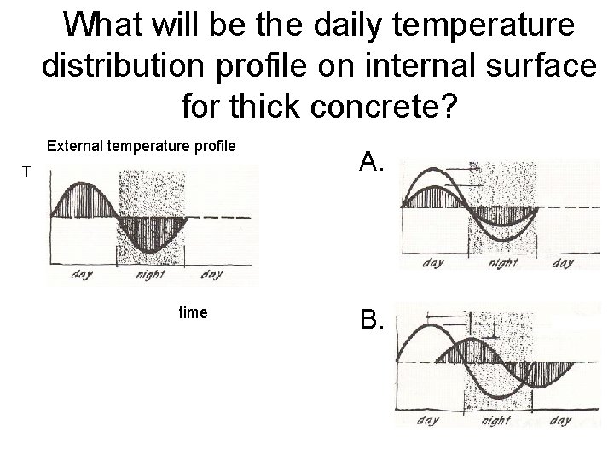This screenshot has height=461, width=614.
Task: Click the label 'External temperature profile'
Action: tap(141, 146)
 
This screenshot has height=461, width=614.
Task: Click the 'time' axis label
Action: tap(193, 312)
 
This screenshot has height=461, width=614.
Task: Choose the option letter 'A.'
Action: tap(373, 160)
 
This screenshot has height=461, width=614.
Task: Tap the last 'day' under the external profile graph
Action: tap(211, 275)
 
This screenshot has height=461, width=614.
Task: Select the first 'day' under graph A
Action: tap(432, 263)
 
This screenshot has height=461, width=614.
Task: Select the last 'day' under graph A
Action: tap(562, 263)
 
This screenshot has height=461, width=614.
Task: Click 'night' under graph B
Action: tap(495, 421)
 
